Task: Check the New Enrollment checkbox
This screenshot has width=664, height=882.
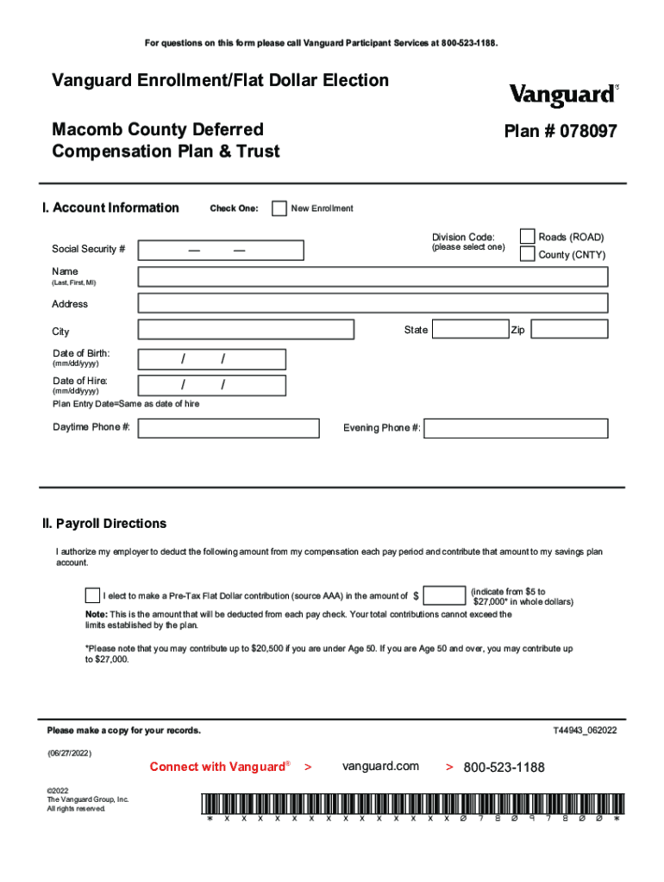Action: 279,208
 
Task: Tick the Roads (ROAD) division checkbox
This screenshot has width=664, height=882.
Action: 527,237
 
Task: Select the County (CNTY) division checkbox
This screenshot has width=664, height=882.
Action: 527,254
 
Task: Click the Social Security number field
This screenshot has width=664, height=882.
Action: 222,250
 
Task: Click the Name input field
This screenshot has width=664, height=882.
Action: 373,276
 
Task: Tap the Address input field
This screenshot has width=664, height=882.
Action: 373,303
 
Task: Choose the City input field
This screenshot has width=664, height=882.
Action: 246,330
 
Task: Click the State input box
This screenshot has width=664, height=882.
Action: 470,330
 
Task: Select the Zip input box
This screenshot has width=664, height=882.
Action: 568,330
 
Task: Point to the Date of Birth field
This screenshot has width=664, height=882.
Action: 212,358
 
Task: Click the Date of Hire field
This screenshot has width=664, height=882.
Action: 212,385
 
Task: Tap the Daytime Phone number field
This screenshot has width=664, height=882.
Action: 229,428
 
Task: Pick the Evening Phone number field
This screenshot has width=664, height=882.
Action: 516,428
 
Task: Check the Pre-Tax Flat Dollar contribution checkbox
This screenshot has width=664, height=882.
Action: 92,595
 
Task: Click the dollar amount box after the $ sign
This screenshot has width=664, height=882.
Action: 446,595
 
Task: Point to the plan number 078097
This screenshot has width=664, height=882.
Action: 561,132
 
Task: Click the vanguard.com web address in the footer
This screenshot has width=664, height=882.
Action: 380,766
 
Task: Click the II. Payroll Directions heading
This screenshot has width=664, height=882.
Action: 104,524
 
